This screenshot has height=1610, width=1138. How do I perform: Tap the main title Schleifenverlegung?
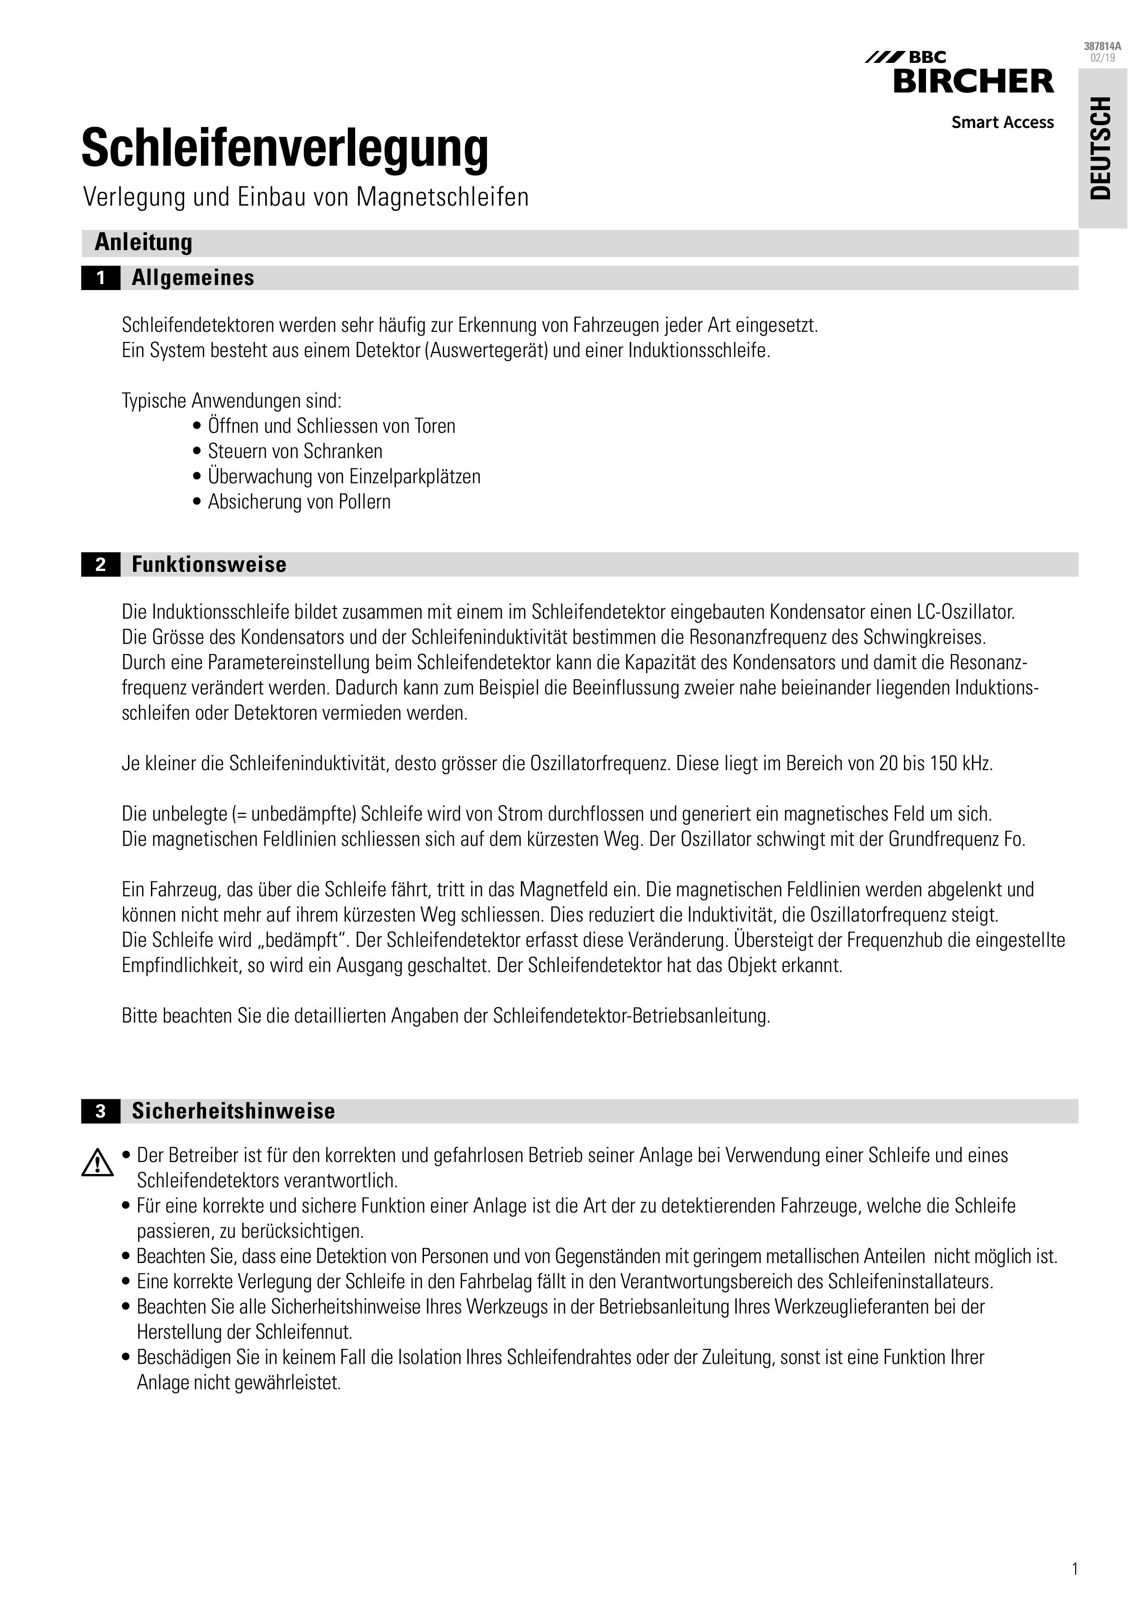[x=284, y=149]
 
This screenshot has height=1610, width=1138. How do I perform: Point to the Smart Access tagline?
[x=1002, y=123]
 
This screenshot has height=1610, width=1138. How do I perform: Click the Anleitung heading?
[x=143, y=243]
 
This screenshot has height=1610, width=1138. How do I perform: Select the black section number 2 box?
[x=100, y=565]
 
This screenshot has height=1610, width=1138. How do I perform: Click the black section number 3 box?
[x=100, y=1112]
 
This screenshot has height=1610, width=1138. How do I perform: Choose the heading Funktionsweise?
[x=209, y=565]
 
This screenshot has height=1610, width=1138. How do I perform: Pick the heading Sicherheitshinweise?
[x=234, y=1112]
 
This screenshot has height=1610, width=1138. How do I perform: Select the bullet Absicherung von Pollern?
[x=299, y=502]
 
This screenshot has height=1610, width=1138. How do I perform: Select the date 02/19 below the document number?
[x=1102, y=57]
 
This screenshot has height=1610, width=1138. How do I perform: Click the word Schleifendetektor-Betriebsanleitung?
[x=631, y=1016]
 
